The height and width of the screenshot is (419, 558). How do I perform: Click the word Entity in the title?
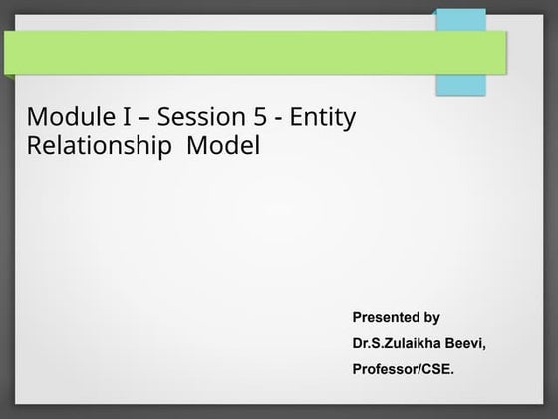[x=323, y=119]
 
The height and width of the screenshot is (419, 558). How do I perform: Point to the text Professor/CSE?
[x=403, y=370]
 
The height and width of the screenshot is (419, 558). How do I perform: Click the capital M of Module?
[x=39, y=119]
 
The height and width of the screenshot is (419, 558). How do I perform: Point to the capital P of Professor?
[x=358, y=370]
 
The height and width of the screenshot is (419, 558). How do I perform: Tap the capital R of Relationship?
[x=35, y=147]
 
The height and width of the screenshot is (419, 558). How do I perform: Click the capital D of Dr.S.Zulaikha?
[x=358, y=344]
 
